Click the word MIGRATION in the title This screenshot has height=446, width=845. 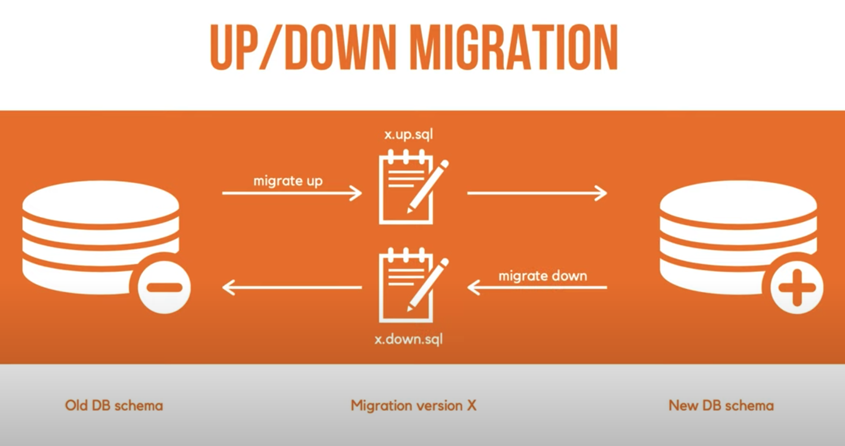pyautogui.click(x=514, y=47)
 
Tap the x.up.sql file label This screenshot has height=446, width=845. pyautogui.click(x=408, y=134)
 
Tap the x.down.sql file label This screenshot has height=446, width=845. pyautogui.click(x=408, y=339)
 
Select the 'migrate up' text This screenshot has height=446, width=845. pyautogui.click(x=288, y=181)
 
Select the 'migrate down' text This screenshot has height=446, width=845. pyautogui.click(x=542, y=276)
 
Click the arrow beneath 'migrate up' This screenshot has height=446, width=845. pyautogui.click(x=292, y=193)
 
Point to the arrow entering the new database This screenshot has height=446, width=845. pyautogui.click(x=537, y=193)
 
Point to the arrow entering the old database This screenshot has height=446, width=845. pyautogui.click(x=292, y=287)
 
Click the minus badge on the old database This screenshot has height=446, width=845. pyautogui.click(x=164, y=287)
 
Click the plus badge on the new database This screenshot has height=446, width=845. pyautogui.click(x=796, y=287)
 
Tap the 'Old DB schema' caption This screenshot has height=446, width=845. pyautogui.click(x=114, y=405)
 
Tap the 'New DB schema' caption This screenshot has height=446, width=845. pyautogui.click(x=721, y=405)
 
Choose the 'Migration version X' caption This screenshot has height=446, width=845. pyautogui.click(x=413, y=405)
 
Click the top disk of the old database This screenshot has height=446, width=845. pyautogui.click(x=100, y=201)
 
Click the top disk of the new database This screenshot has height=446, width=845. pyautogui.click(x=738, y=201)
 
